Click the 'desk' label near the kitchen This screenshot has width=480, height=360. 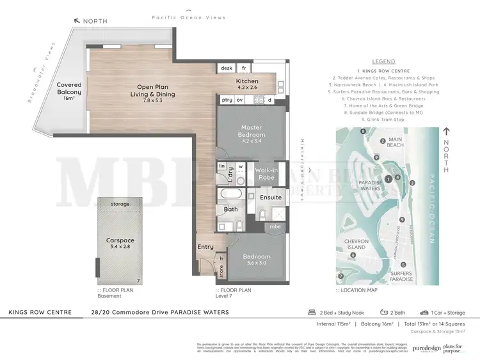[x=227, y=68]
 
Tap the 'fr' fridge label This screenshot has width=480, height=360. [x=244, y=68]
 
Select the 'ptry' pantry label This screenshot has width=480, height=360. [x=227, y=100]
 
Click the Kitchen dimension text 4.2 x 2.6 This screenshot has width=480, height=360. [x=247, y=89]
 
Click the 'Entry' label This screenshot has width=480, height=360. [x=205, y=247]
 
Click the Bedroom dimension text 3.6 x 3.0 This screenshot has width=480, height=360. [x=257, y=263]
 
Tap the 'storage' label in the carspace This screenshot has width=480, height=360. [x=120, y=205]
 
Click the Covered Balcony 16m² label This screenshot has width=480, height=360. [x=68, y=91]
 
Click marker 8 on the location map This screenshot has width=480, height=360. [x=364, y=132]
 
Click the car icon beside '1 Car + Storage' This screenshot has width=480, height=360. [x=424, y=313]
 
